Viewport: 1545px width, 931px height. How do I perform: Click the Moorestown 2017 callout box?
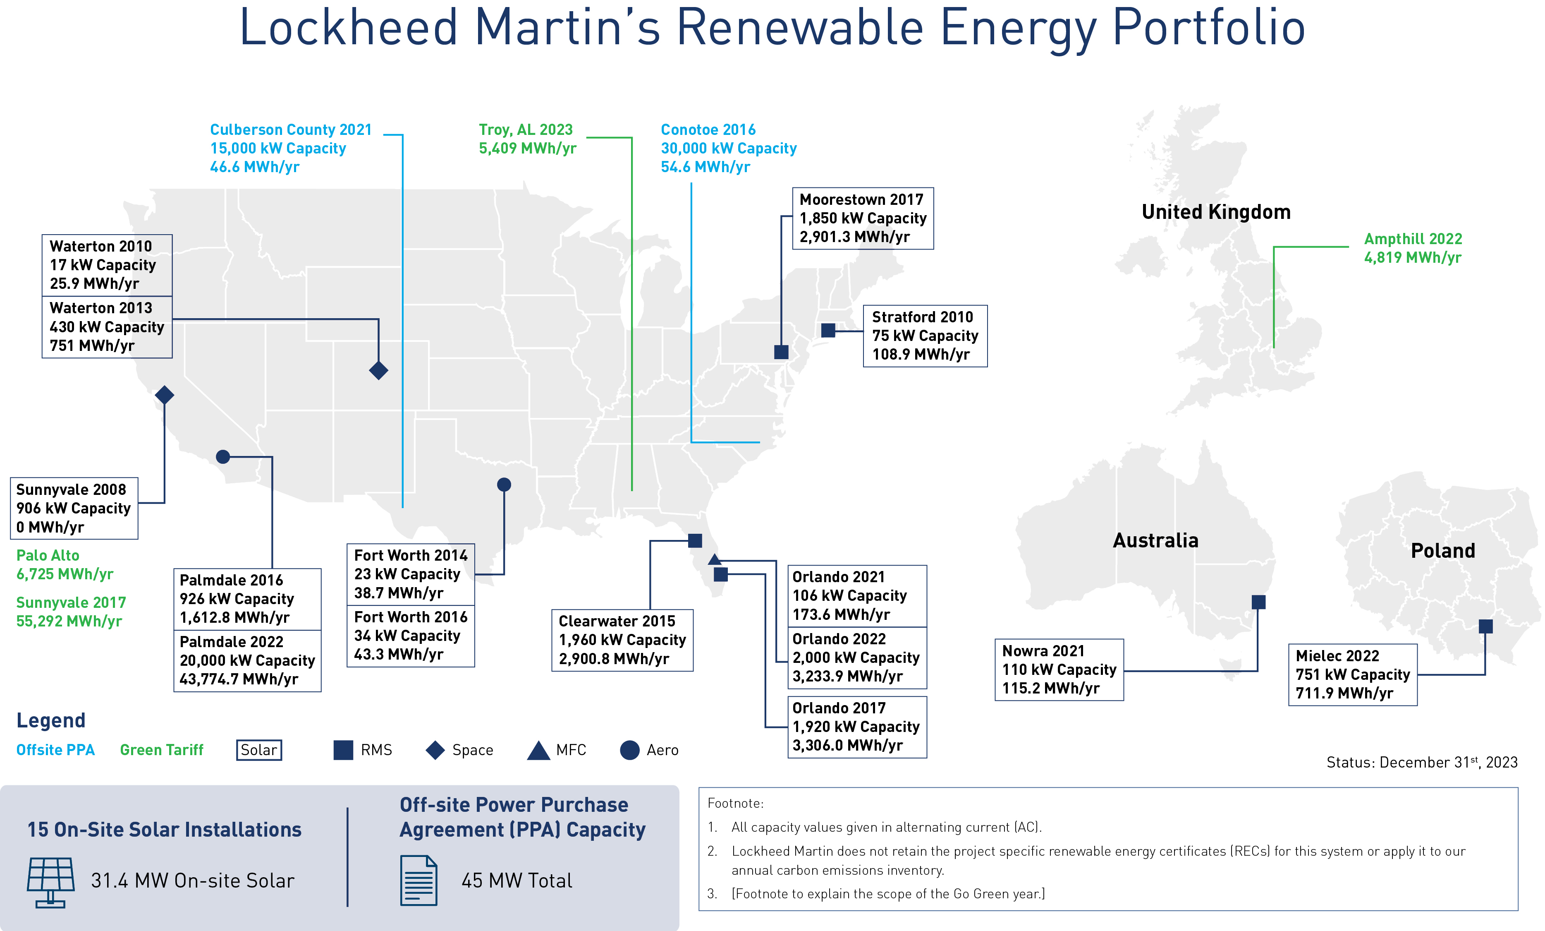[x=863, y=218]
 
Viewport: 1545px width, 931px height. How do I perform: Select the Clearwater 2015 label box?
[x=622, y=640]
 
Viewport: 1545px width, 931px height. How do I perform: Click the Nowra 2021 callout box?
[x=1059, y=669]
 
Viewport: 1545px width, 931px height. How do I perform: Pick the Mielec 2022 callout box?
[x=1353, y=674]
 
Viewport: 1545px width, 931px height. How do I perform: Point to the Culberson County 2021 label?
[x=291, y=148]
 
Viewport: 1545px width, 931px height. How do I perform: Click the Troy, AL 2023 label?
[x=527, y=139]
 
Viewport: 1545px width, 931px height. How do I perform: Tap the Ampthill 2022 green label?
[x=1413, y=248]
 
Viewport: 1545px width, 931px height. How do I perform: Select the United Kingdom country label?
[x=1216, y=212]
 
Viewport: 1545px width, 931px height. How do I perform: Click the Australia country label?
[x=1155, y=540]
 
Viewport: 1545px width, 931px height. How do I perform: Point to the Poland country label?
[x=1443, y=551]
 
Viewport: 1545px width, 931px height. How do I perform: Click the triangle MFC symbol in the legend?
[x=538, y=750]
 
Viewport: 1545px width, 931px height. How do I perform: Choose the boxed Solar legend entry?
[x=259, y=750]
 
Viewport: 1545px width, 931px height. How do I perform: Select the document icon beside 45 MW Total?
[x=419, y=880]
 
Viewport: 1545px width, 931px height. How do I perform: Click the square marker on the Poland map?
[x=1485, y=626]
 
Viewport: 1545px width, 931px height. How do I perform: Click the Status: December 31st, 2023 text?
[x=1422, y=762]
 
